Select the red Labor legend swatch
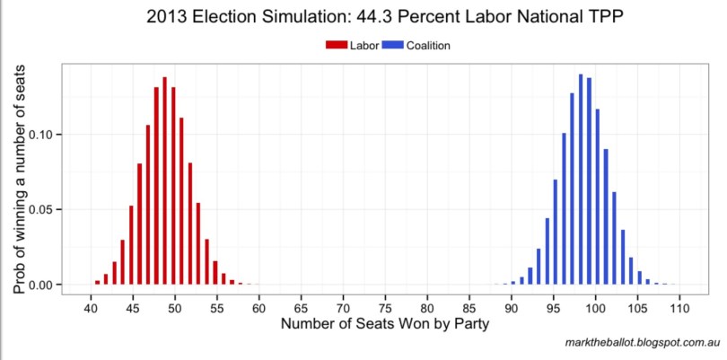[x=336, y=45]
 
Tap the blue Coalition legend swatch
[x=392, y=45]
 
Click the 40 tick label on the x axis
[x=90, y=308]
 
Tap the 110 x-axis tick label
[x=679, y=308]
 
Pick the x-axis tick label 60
[x=258, y=308]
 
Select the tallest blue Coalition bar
[x=581, y=180]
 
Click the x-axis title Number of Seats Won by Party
[x=384, y=325]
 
